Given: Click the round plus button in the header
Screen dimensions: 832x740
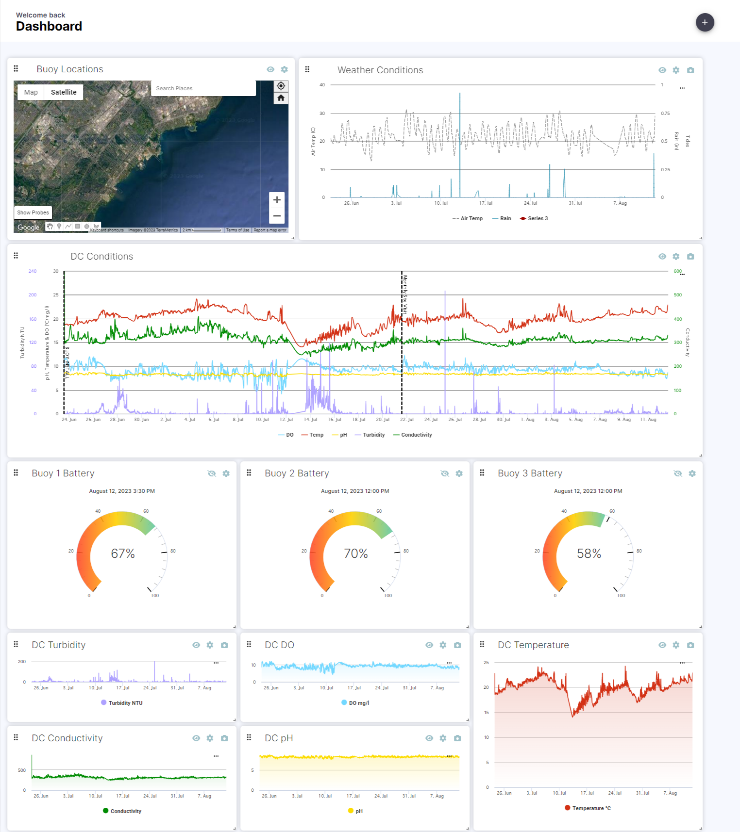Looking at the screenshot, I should click(x=705, y=22).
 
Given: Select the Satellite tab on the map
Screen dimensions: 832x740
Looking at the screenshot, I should click(x=64, y=92).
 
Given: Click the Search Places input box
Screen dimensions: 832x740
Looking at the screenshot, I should click(x=203, y=88).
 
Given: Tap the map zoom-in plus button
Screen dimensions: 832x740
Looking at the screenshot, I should click(x=277, y=200).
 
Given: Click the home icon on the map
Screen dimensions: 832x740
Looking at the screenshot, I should click(x=281, y=98).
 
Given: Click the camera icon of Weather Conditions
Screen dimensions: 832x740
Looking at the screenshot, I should click(x=690, y=70).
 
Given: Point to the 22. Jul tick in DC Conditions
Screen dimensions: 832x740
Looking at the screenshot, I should click(x=407, y=420).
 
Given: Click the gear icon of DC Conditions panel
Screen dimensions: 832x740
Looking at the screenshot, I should click(x=676, y=256).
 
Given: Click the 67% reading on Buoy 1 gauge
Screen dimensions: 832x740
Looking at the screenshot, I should click(x=123, y=554).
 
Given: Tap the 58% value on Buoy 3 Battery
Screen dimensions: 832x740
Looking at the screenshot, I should click(x=589, y=554).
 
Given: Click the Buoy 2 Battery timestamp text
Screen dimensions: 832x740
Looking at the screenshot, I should click(x=355, y=491).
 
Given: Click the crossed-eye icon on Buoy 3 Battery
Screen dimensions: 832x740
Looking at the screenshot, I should click(x=678, y=473).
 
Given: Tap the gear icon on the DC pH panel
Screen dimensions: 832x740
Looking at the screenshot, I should click(x=443, y=738).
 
